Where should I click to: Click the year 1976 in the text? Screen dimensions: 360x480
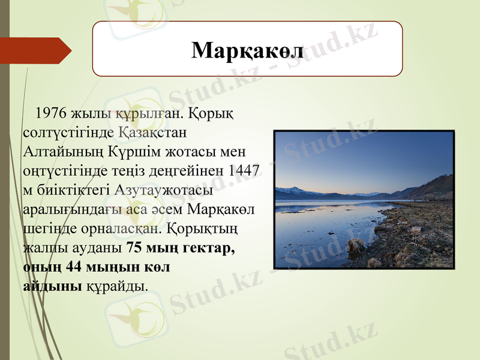51,113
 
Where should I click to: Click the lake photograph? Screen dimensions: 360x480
364,199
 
